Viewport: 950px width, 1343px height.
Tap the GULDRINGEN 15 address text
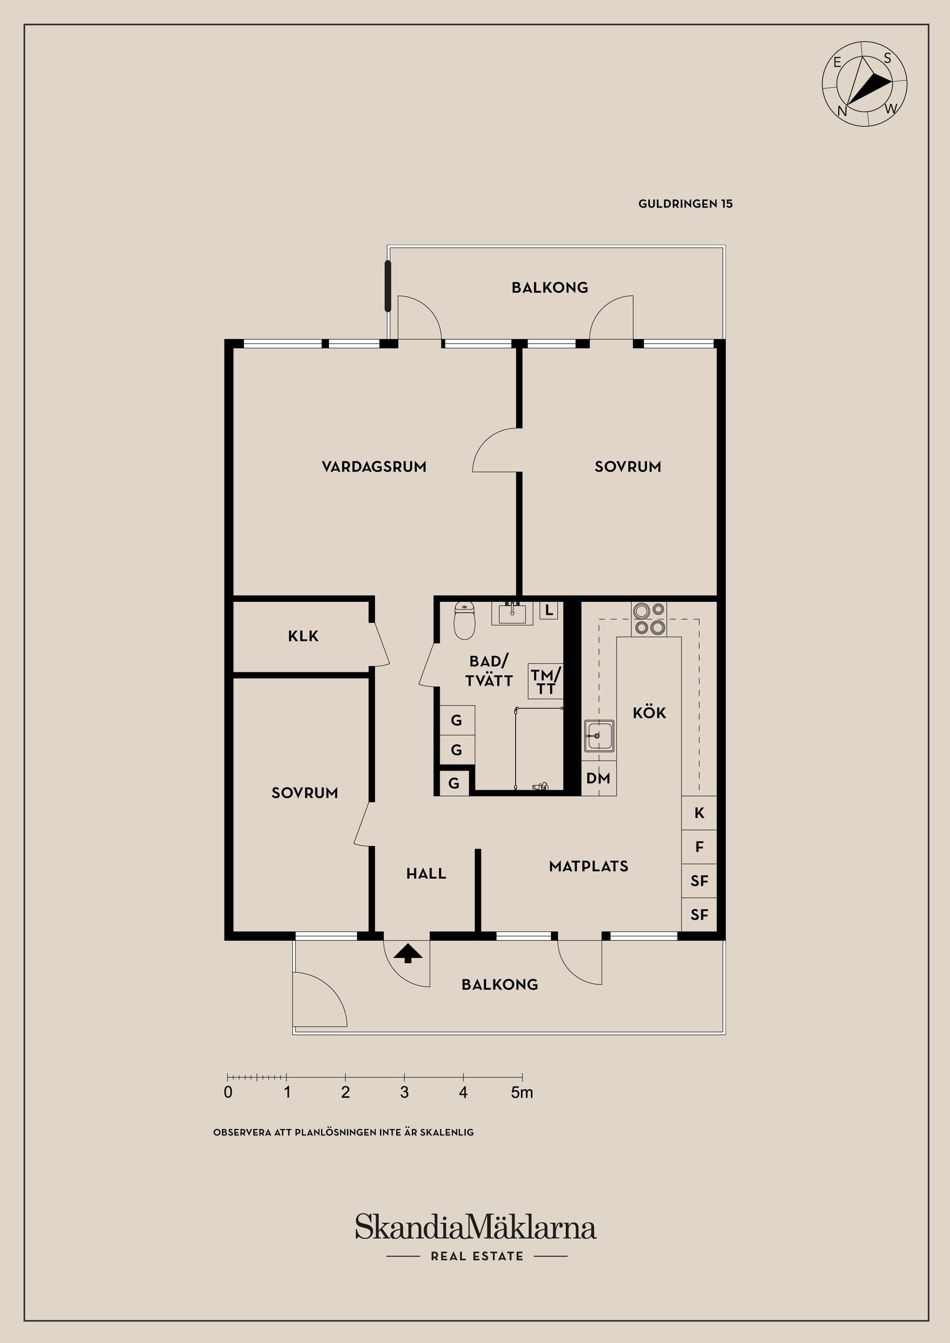click(685, 204)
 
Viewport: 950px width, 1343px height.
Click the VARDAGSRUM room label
click(374, 467)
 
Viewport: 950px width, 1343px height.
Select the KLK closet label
click(303, 636)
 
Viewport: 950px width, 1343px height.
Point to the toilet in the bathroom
click(465, 620)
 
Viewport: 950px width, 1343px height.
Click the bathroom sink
click(512, 614)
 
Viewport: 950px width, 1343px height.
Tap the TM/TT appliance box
click(546, 681)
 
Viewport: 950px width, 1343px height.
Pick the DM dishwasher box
click(599, 778)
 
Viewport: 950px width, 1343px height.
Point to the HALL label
click(426, 874)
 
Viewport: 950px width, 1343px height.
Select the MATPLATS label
click(589, 866)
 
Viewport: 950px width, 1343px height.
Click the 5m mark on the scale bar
click(522, 1093)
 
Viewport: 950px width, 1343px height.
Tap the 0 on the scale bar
click(228, 1093)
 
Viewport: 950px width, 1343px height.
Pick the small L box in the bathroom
click(549, 611)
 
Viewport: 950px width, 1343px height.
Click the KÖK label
click(650, 713)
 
